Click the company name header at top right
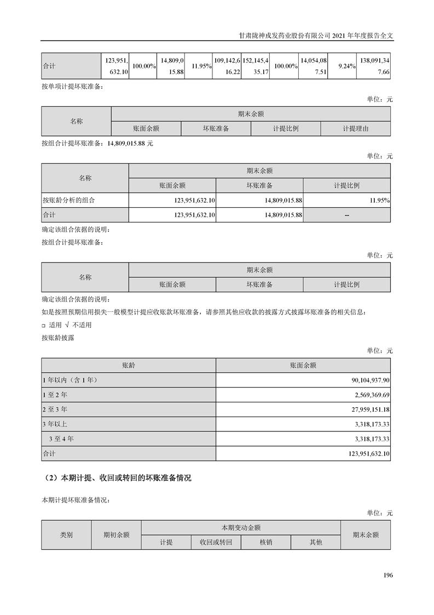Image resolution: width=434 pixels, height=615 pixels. (x=317, y=34)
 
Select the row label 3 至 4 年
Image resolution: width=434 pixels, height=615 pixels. (x=61, y=439)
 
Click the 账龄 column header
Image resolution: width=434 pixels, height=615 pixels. (x=129, y=365)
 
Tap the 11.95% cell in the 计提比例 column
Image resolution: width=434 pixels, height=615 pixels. (x=379, y=201)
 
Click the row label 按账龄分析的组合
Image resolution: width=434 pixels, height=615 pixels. (x=68, y=201)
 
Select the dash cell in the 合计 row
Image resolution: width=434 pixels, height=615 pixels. (x=346, y=215)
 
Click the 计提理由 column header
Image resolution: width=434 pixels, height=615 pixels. (x=355, y=129)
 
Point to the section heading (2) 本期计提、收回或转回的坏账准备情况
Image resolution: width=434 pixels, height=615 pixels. (x=117, y=478)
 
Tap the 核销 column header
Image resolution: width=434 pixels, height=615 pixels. (x=265, y=542)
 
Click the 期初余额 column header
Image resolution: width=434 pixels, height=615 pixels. (x=116, y=535)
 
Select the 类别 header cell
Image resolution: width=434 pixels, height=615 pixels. (x=66, y=535)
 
